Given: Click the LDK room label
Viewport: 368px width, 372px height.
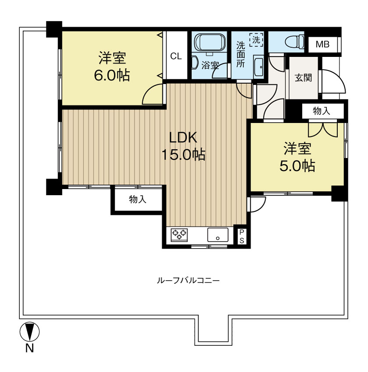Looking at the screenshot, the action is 183,137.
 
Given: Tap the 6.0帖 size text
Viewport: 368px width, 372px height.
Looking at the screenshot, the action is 112,75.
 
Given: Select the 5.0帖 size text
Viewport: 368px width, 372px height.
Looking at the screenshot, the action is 297,166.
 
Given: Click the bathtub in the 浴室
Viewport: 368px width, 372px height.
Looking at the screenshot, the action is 210,42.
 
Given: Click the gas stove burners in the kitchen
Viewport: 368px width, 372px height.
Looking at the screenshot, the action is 179,235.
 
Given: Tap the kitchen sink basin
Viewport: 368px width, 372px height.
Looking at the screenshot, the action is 218,235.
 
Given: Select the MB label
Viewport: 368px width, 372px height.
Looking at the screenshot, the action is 322,44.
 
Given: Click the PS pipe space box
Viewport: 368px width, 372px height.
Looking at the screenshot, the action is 242,236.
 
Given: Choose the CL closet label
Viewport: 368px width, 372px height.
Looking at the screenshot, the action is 176,56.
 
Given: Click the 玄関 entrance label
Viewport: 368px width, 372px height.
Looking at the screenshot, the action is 303,77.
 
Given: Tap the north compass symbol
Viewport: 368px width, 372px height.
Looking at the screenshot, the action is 29,332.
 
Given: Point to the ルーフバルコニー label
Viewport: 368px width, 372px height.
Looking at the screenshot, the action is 188,281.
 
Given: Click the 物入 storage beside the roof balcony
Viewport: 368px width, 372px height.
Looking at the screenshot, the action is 137,199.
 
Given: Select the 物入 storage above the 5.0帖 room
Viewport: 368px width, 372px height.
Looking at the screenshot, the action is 322,111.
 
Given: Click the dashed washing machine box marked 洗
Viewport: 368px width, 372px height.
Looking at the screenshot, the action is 256,39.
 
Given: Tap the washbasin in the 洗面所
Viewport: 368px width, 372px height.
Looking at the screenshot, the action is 258,67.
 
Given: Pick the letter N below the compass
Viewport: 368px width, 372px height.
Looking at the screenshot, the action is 29,348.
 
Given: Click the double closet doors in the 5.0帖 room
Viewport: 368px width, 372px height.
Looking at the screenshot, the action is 323,130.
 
